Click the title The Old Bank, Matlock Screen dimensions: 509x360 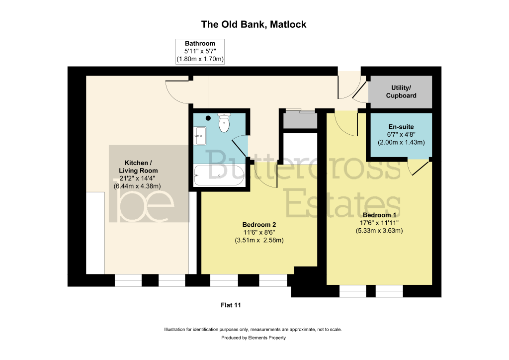click(254, 25)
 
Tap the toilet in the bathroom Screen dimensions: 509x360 click(224, 123)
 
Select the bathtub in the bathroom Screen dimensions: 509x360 click(219, 176)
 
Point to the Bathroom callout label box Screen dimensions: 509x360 click(200, 51)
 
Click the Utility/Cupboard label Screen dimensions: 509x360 click(401, 91)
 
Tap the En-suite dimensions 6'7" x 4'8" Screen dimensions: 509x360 click(401, 134)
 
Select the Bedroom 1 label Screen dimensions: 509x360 click(379, 215)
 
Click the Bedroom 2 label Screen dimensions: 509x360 click(259, 225)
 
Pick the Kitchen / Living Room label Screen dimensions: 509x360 click(138, 167)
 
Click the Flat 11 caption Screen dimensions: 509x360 click(231, 305)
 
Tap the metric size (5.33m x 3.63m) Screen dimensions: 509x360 click(379, 231)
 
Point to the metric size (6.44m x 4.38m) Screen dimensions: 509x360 click(137, 186)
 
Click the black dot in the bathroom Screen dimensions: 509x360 click(208, 118)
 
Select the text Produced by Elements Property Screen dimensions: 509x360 click(254, 338)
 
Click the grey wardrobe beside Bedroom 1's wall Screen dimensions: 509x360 click(300, 120)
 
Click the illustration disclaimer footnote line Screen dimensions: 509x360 click(253, 330)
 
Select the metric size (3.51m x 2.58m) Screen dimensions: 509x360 click(259, 241)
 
